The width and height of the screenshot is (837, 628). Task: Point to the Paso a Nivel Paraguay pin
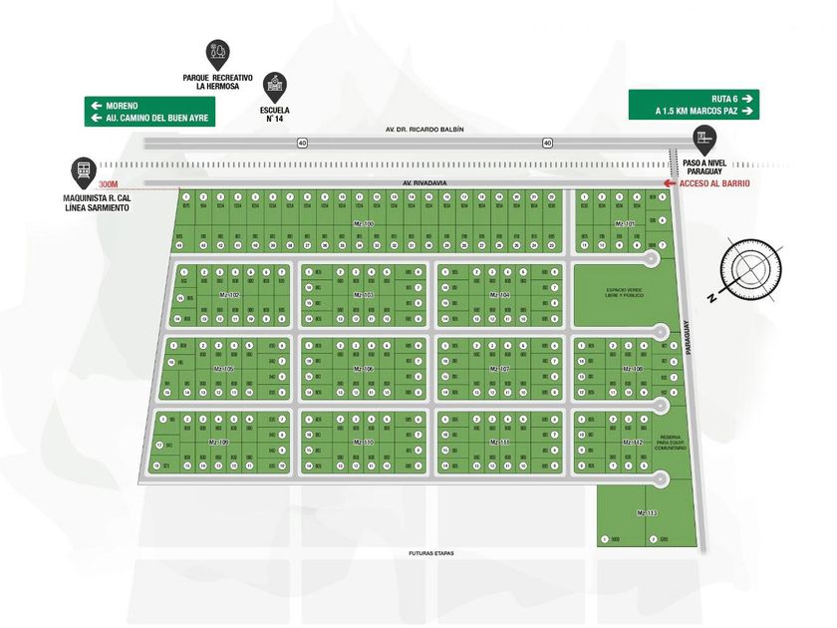pos(705,139)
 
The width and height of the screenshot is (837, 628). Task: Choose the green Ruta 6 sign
pos(694,105)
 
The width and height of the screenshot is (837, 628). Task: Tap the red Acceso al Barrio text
pos(712,183)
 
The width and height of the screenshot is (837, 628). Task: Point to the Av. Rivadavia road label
pos(421,183)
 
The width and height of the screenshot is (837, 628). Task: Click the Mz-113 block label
pos(647,512)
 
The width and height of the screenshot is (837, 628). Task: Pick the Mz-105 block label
pos(223,369)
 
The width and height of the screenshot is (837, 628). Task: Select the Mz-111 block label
pos(498,441)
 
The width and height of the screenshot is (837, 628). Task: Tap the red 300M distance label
pos(109,183)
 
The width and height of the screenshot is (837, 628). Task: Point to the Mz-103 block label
pos(363,295)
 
